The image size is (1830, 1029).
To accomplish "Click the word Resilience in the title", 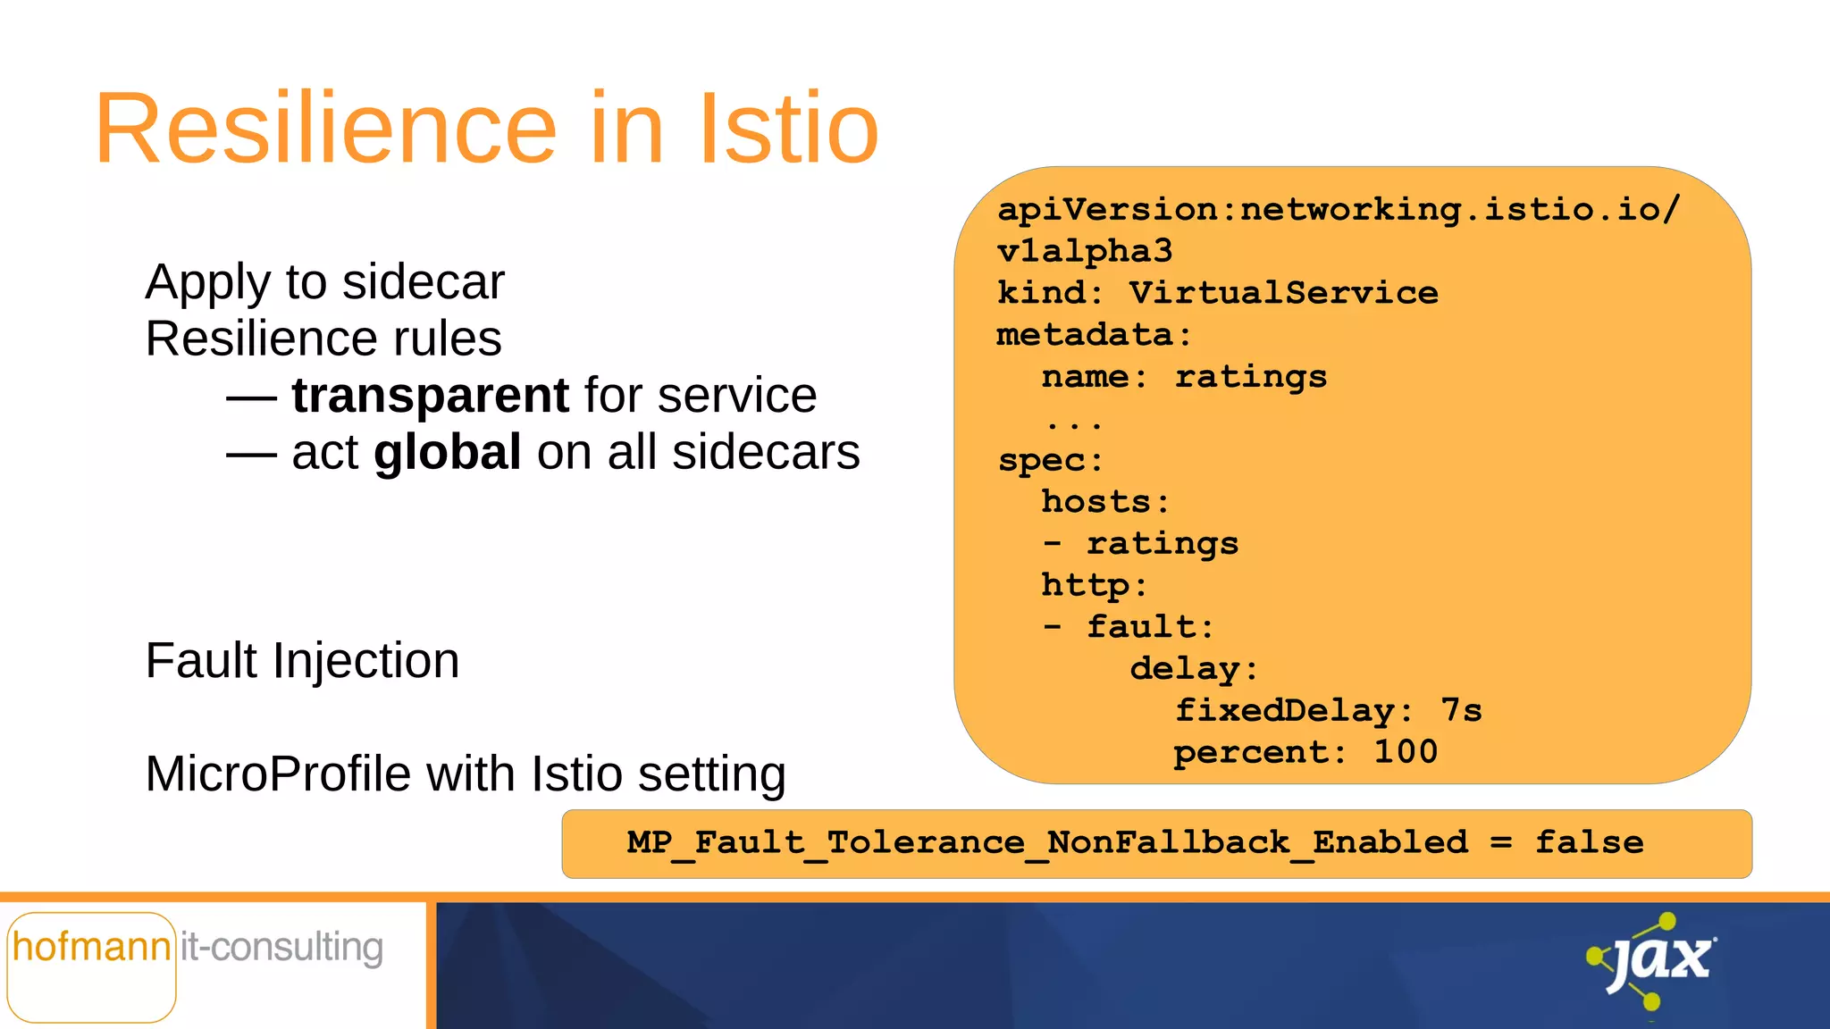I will pos(326,130).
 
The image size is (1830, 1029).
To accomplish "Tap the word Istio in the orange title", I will pos(788,130).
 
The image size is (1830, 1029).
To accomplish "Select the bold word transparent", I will pos(430,395).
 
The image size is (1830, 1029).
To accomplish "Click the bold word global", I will pos(447,452).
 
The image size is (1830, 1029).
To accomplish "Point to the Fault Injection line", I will pos(302,661).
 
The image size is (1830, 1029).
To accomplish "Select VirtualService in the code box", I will pos(1283,293).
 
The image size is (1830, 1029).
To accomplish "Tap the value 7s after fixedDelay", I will pos(1461,711).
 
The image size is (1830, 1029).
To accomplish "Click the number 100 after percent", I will pos(1406,752).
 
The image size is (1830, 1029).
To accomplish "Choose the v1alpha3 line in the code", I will pos(1084,251).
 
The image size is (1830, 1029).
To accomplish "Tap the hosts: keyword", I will pos(1104,502).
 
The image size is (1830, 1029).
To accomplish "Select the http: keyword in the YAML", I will pos(1094,586).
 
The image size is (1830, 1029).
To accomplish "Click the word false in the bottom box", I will pos(1589,842).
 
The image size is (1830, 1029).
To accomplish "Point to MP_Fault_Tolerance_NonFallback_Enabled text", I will pos(1047,842).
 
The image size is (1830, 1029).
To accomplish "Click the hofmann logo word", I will pos(91,947).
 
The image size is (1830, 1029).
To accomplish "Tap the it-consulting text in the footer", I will pos(281,947).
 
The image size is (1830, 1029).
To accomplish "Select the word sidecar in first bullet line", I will pos(424,282).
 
